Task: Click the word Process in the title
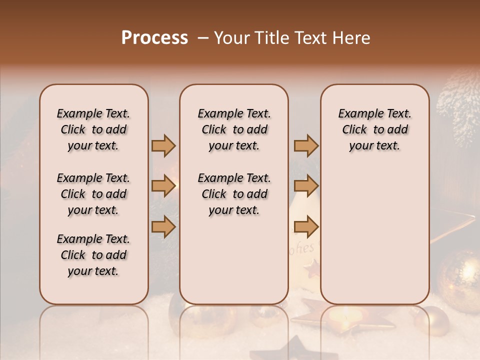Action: click(154, 38)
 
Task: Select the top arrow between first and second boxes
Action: click(163, 145)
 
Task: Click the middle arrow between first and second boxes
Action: click(163, 186)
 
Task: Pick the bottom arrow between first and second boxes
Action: click(163, 226)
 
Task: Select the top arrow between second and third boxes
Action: click(306, 145)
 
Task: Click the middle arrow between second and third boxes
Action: click(306, 186)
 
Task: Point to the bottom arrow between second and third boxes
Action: click(306, 226)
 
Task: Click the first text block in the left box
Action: click(93, 129)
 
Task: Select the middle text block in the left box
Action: click(93, 194)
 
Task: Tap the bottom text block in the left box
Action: click(93, 255)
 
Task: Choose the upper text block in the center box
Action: click(234, 129)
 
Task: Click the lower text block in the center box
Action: click(234, 194)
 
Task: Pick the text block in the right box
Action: click(374, 129)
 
